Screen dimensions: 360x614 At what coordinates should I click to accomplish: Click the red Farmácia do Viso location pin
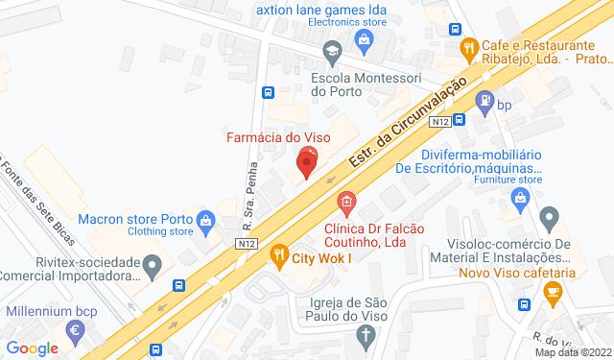pyautogui.click(x=307, y=160)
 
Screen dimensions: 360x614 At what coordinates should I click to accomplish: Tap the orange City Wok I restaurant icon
pyautogui.click(x=280, y=254)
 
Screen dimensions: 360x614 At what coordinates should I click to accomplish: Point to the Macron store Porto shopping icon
pyautogui.click(x=206, y=222)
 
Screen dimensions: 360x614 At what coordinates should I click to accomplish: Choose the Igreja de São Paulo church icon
pyautogui.click(x=365, y=335)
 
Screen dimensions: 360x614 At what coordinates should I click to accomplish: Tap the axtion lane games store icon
pyautogui.click(x=364, y=37)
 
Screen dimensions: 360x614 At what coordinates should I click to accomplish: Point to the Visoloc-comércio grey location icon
pyautogui.click(x=549, y=216)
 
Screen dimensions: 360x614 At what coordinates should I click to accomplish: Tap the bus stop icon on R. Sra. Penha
pyautogui.click(x=269, y=93)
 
